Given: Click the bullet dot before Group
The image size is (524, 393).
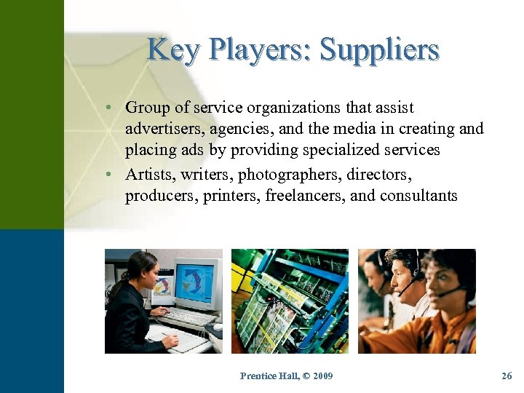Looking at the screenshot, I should pos(107,108).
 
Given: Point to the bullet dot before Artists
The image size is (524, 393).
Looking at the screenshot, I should pos(107,175).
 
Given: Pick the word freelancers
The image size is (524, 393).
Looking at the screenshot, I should pos(306,195).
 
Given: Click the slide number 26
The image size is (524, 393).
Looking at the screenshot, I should pos(507,376).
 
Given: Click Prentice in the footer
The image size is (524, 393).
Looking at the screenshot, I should pos(258,376).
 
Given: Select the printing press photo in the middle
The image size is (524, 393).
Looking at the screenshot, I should pos(290,301).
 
